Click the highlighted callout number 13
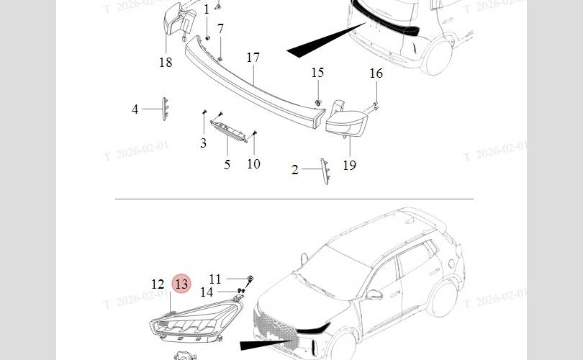click(181, 284)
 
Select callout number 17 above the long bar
click(253, 58)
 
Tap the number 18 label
click(166, 63)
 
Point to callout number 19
click(349, 165)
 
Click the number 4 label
click(135, 109)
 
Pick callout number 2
click(295, 170)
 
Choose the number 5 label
click(227, 165)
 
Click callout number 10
click(253, 164)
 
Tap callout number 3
click(203, 143)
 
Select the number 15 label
click(317, 73)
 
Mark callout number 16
click(376, 73)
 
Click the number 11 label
click(216, 279)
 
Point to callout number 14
click(207, 292)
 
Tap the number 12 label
click(158, 284)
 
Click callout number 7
click(221, 30)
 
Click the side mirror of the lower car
click(375, 294)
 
